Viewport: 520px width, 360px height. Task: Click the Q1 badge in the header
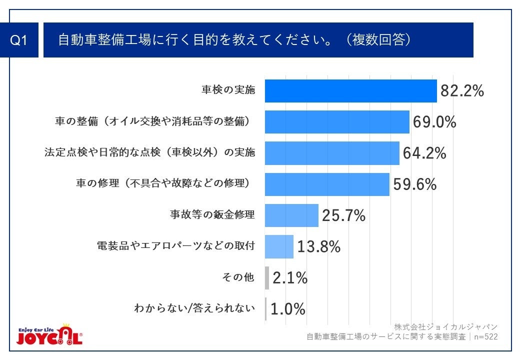(19, 40)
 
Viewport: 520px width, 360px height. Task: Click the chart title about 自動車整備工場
(235, 40)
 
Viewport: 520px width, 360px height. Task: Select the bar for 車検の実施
(350, 91)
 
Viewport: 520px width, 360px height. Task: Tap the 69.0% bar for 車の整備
(337, 122)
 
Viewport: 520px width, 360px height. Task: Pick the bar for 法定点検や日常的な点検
(332, 153)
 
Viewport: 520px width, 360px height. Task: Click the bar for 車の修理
(327, 184)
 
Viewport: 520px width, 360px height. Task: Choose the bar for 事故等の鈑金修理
(291, 215)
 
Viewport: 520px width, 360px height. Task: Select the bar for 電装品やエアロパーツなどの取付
(279, 246)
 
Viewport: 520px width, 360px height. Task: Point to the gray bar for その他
(267, 278)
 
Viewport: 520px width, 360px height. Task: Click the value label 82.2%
(462, 91)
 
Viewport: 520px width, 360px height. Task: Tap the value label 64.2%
(424, 153)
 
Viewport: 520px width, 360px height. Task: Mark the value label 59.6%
(414, 184)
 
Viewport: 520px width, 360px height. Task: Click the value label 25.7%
(343, 215)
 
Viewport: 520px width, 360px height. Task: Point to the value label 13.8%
(318, 246)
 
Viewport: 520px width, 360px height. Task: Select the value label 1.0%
(287, 309)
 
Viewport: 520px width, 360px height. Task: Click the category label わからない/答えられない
(194, 308)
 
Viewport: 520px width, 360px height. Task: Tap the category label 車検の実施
(228, 90)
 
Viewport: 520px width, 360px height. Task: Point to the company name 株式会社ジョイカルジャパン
(445, 327)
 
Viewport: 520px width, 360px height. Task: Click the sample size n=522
(484, 337)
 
